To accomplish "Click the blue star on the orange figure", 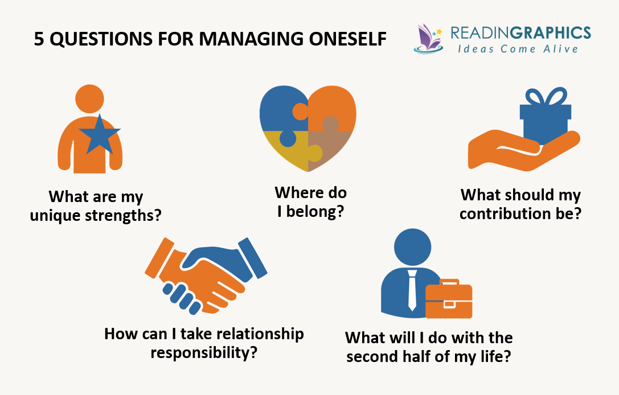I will coord(100,134).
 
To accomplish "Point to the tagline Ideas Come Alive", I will coord(518,49).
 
